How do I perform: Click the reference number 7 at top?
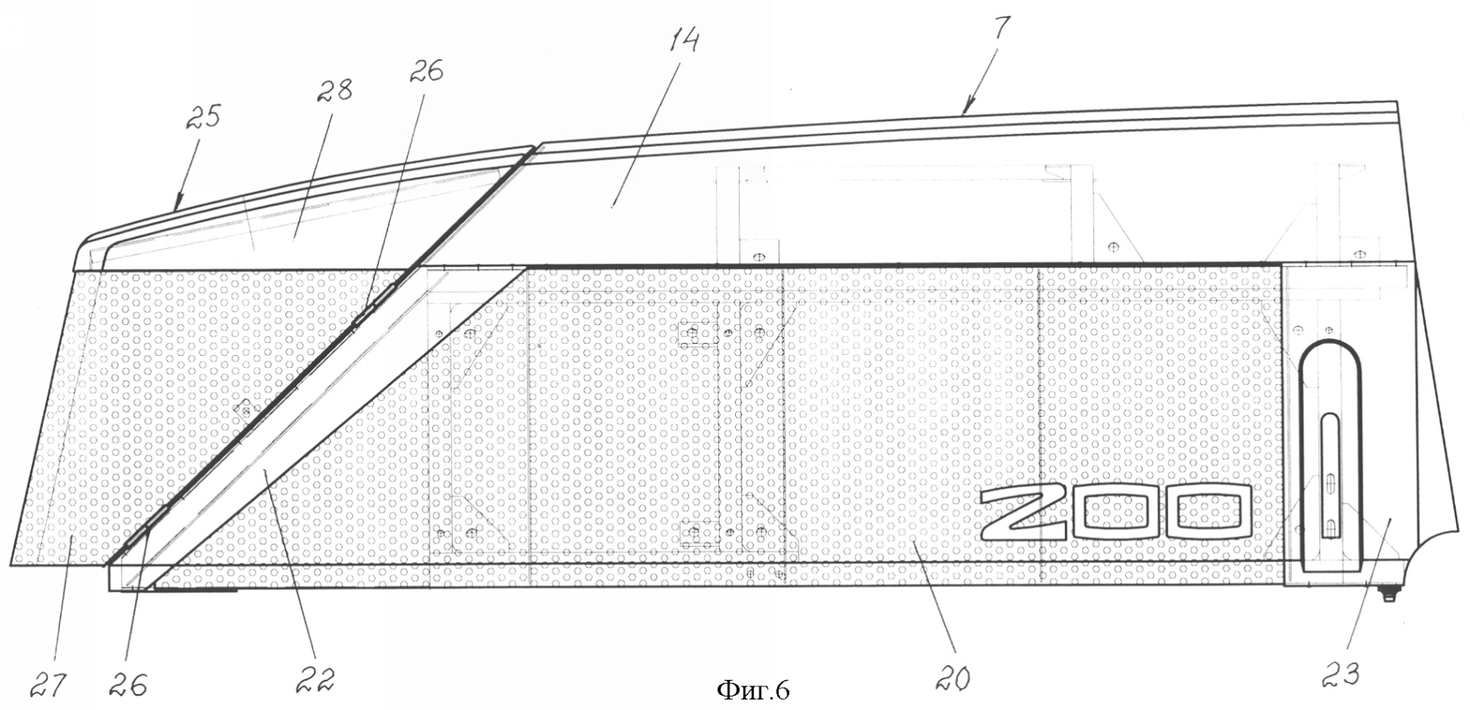point(1001,30)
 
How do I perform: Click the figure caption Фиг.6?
point(753,690)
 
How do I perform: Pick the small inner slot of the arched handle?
point(1329,474)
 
